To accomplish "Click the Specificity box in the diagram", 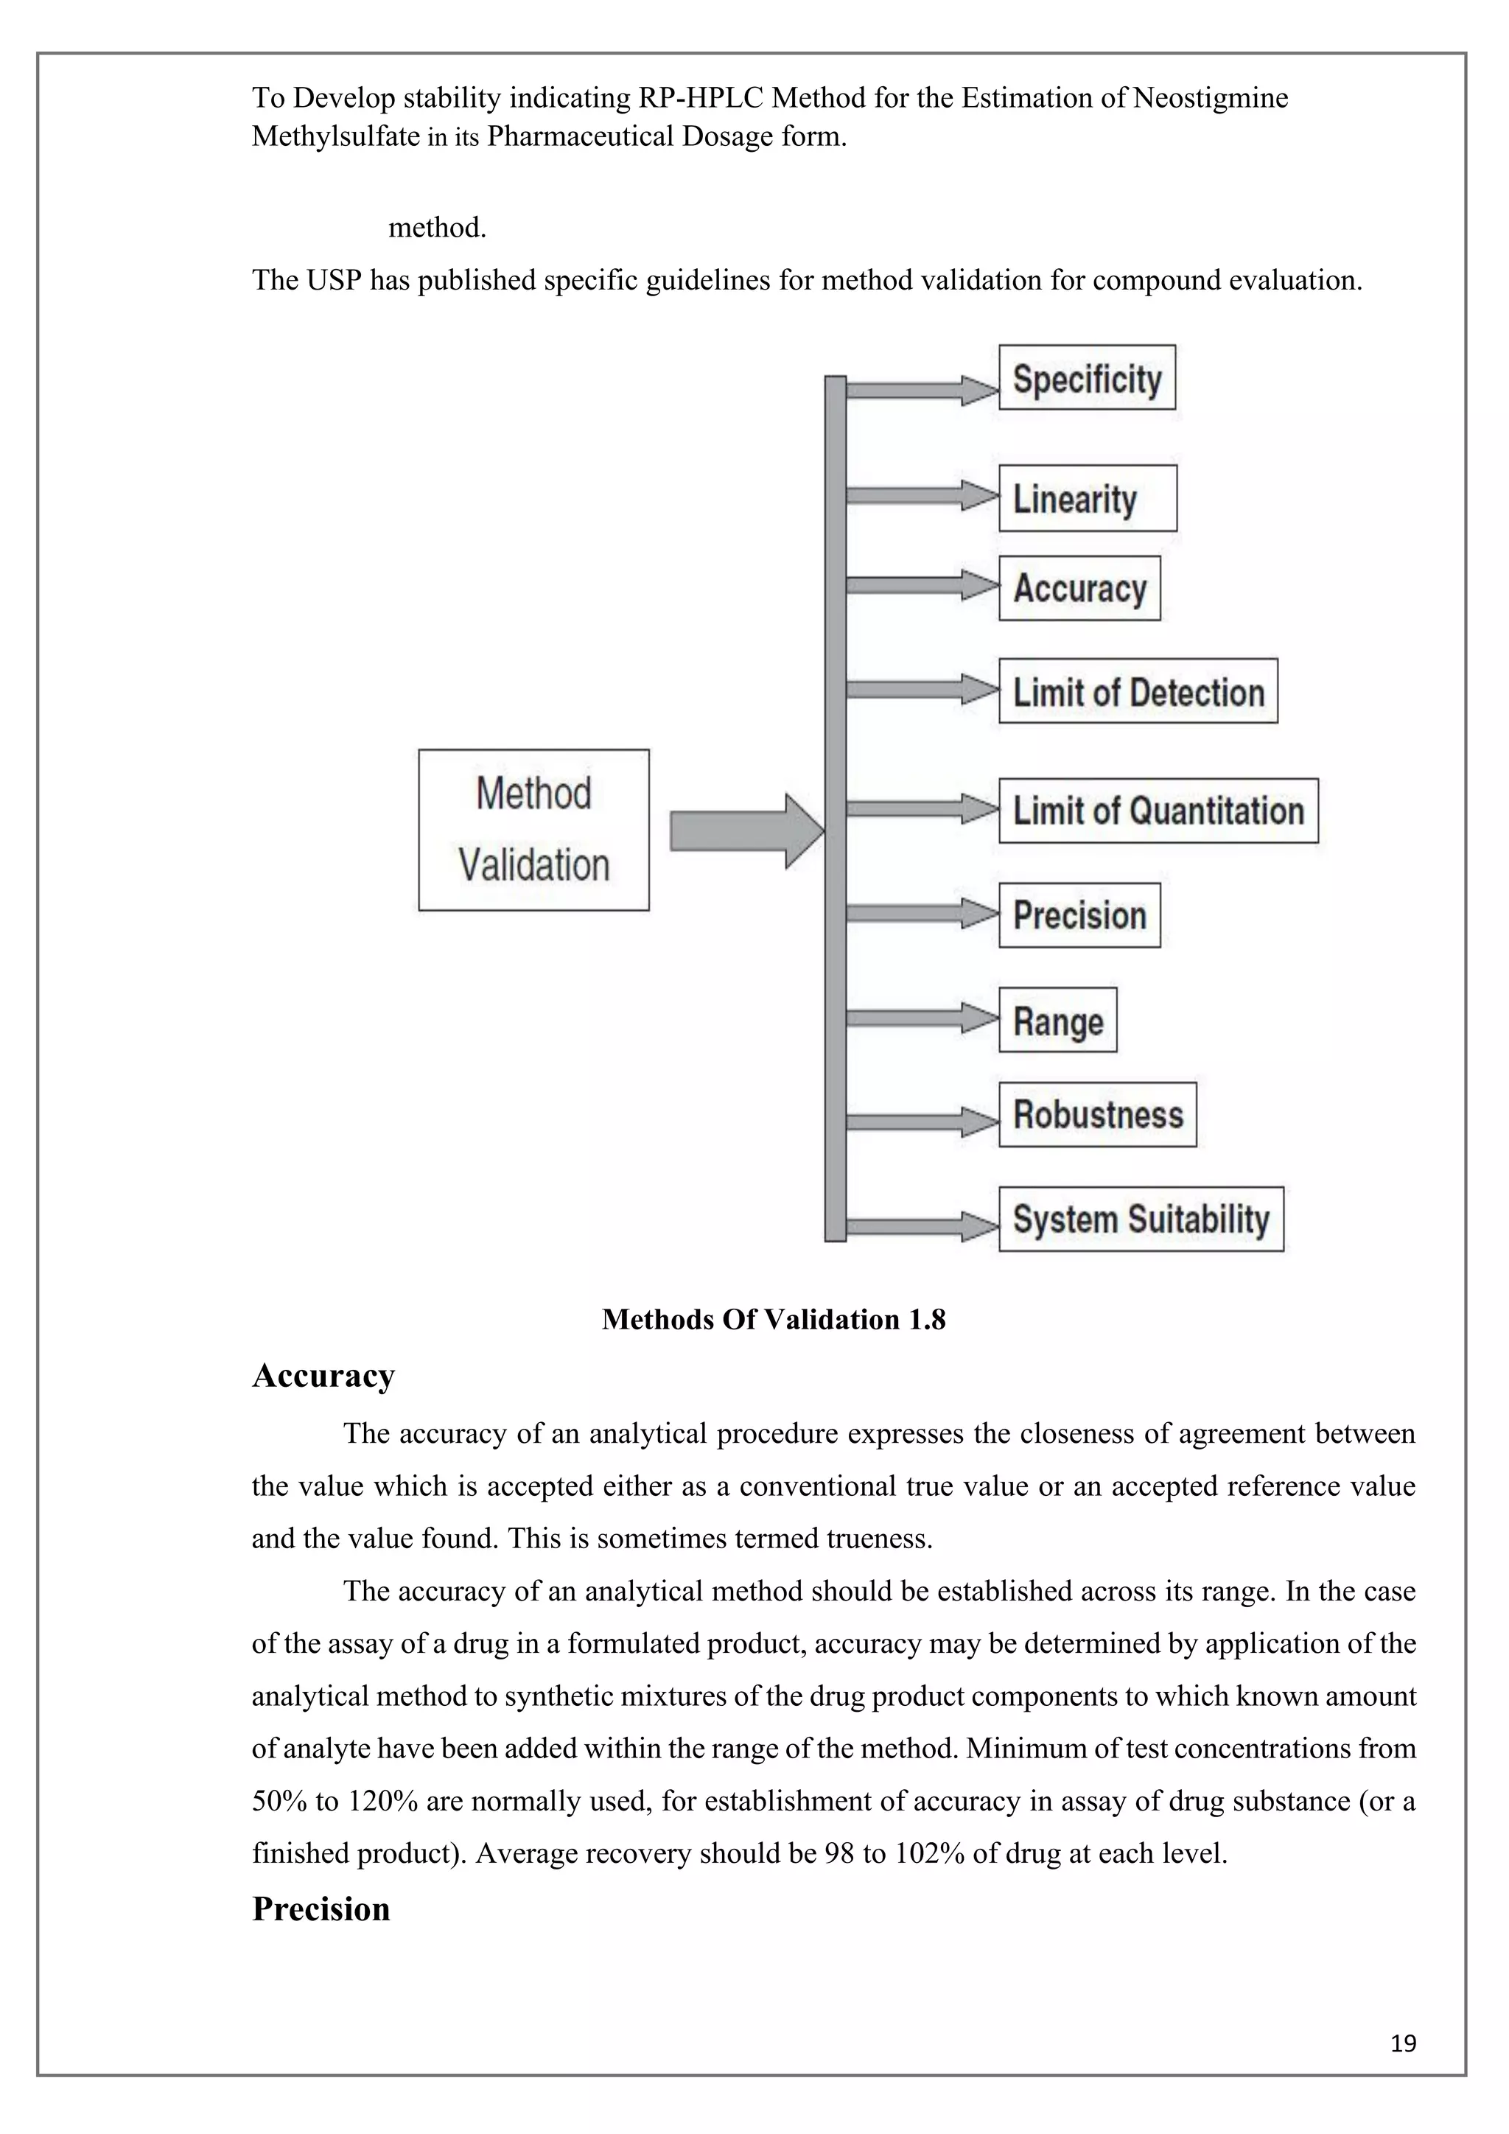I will (x=1086, y=377).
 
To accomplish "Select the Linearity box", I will (x=1087, y=498).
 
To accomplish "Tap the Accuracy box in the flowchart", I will (x=1079, y=588).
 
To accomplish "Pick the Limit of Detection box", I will (x=1138, y=691).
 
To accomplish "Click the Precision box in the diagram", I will (x=1079, y=915).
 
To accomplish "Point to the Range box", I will (x=1057, y=1021).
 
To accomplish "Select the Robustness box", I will (x=1097, y=1114).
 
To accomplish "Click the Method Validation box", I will (x=533, y=830).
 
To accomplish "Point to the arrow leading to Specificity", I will (x=920, y=391).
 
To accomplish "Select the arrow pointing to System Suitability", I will (x=920, y=1227).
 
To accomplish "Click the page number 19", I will (x=1403, y=2043).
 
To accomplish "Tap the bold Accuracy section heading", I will (x=323, y=1376).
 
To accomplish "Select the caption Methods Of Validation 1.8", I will (x=773, y=1319).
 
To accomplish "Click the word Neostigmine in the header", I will (x=1210, y=97).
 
